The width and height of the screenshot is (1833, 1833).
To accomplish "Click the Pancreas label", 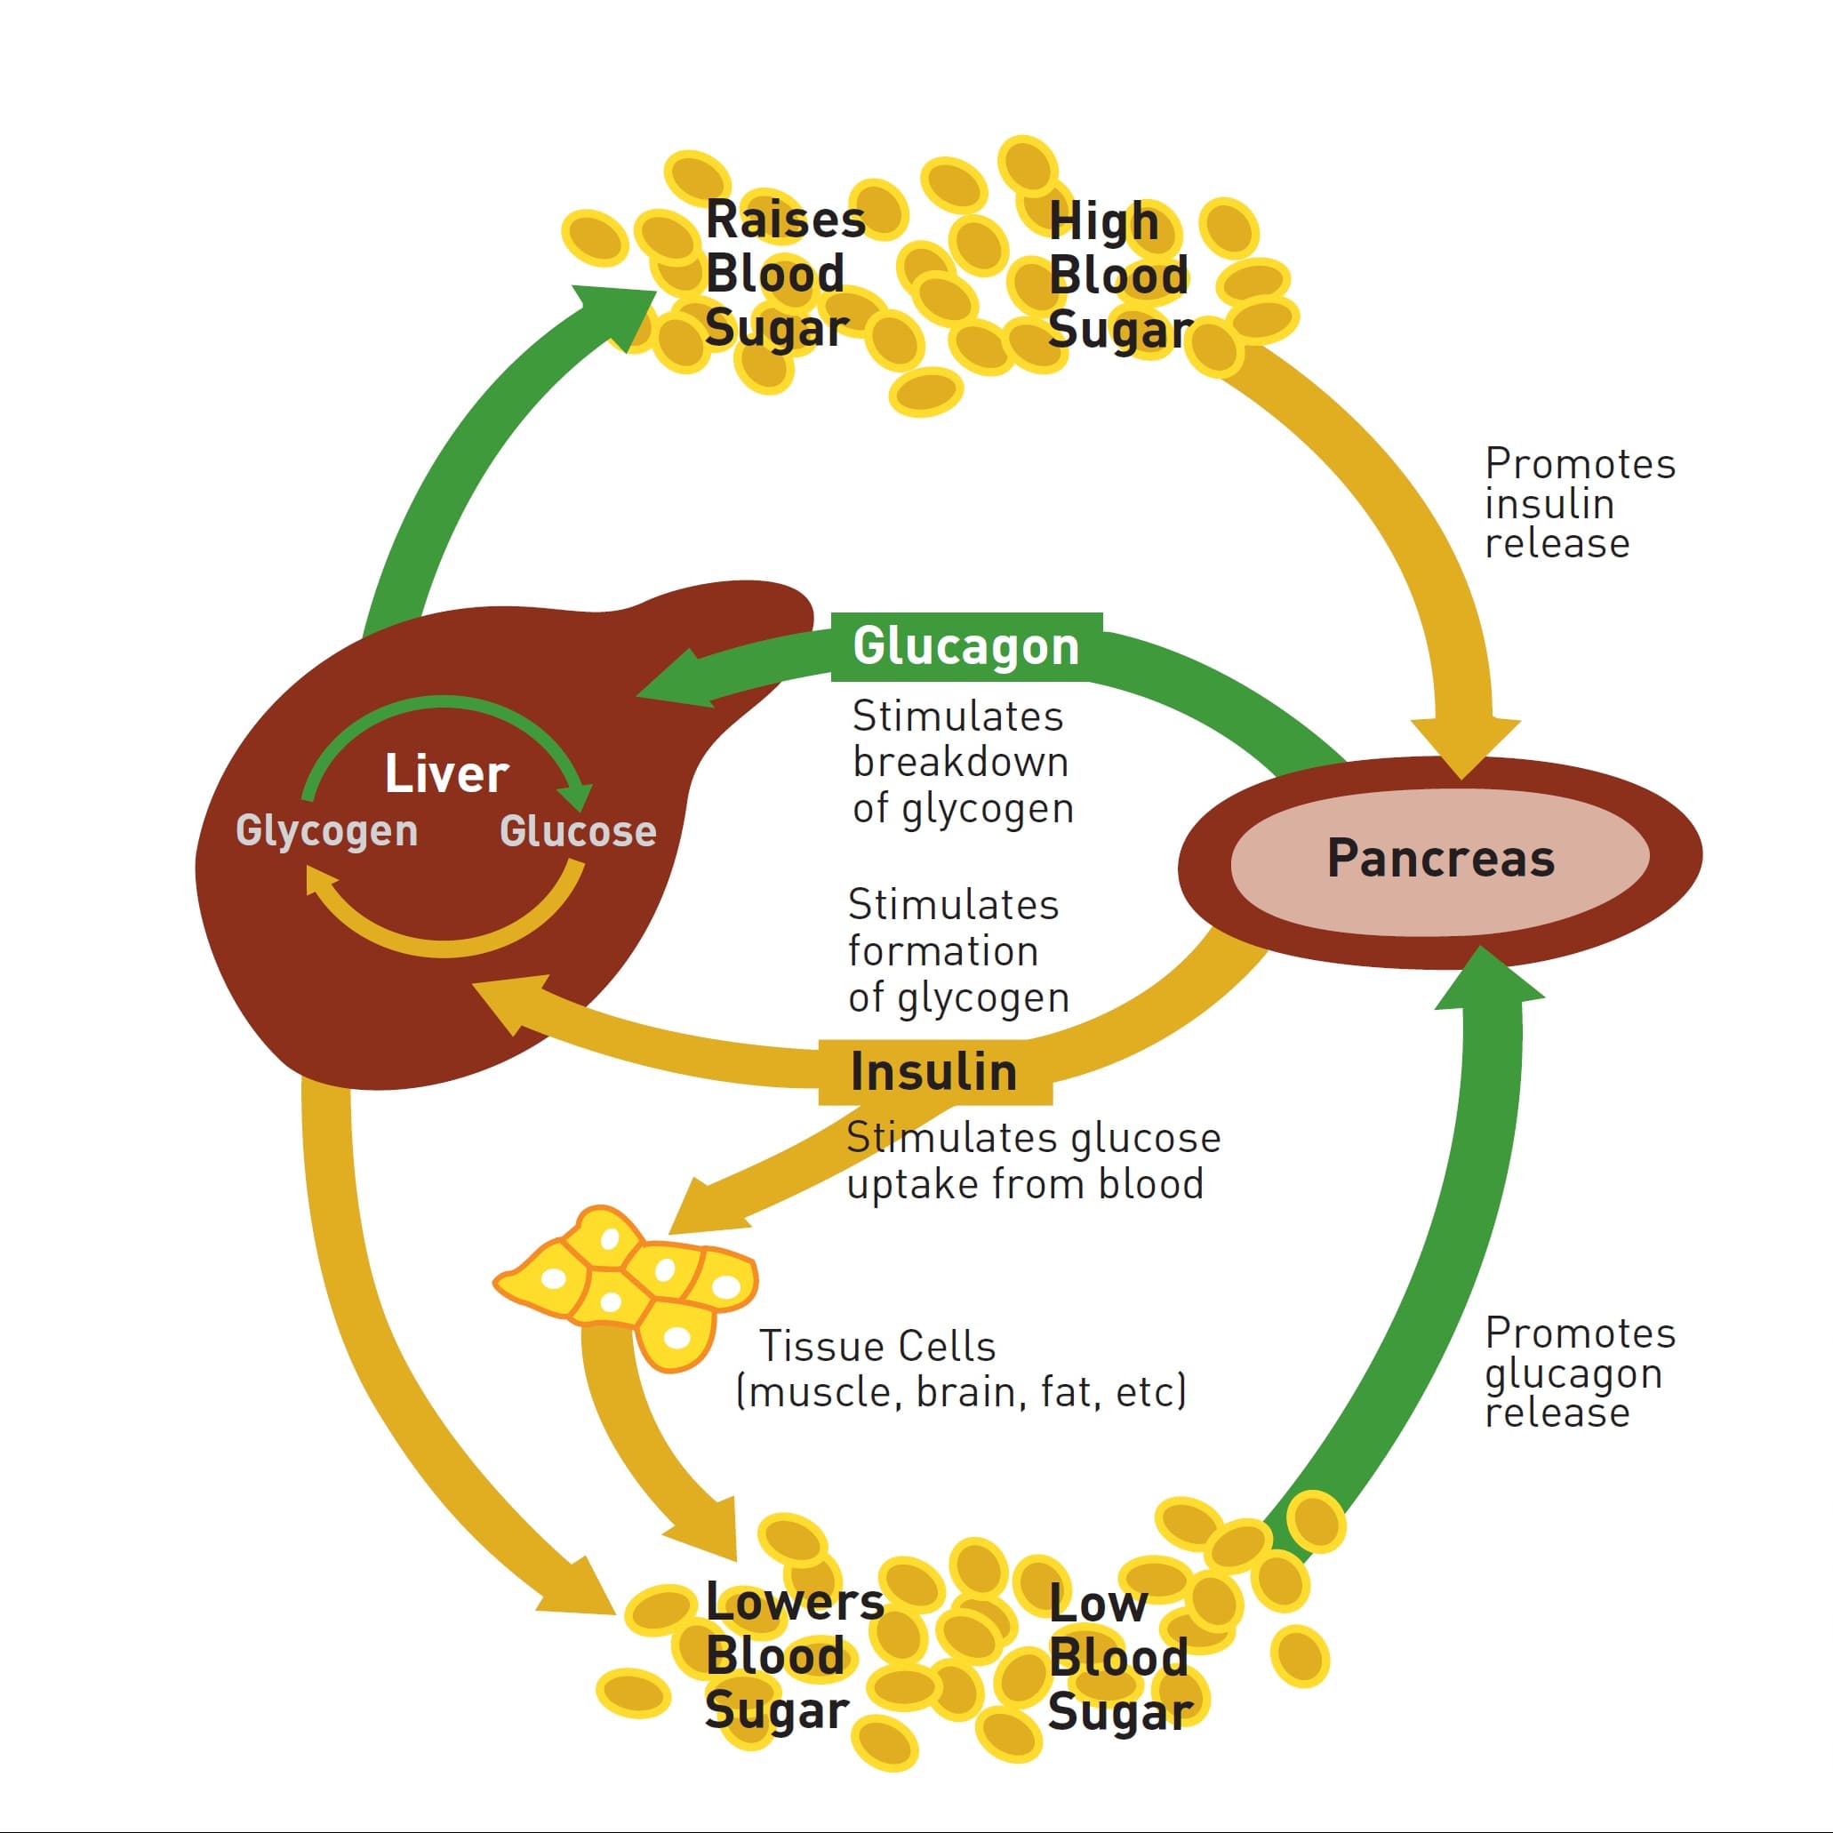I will pos(1440,858).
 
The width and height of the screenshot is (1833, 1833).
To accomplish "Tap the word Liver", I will pos(446,774).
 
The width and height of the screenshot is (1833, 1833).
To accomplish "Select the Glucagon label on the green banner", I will pos(965,647).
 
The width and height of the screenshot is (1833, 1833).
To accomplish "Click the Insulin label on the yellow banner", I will pos(933,1072).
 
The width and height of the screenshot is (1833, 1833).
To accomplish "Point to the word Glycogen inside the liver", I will pos(326,830).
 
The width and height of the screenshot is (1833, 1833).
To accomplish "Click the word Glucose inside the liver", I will pos(578,831).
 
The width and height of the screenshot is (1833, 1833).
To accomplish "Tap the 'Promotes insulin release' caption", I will pos(1579,504).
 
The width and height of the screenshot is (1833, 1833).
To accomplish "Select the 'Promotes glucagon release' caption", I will pos(1579,1373).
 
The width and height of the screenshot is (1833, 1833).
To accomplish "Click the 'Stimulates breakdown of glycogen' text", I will pos(960,763).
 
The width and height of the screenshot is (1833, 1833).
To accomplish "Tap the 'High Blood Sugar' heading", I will pos(1117,276).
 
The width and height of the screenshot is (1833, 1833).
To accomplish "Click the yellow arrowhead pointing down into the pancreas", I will pos(1465,746).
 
